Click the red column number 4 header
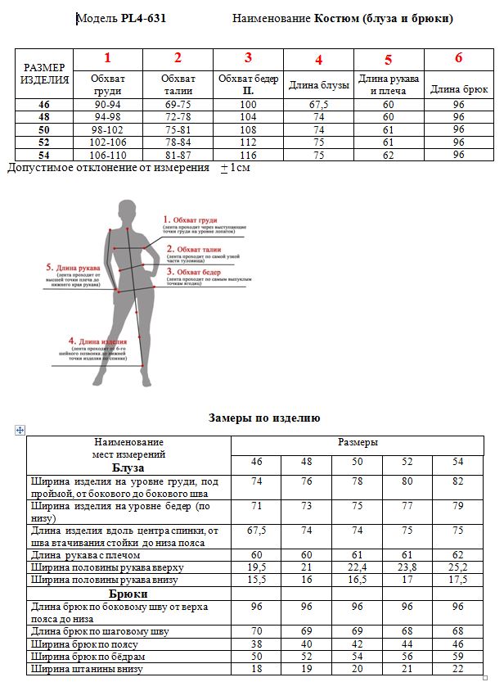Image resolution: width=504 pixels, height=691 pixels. point(319,60)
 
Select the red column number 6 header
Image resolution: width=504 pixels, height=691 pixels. point(458,58)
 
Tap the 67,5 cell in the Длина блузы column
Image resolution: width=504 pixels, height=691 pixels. point(319,106)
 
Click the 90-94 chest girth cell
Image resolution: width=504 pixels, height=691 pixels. point(108,106)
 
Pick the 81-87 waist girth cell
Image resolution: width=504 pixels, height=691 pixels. point(178,155)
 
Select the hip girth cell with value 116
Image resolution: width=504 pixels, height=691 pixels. point(248,155)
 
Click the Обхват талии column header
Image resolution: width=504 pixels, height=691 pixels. point(178,84)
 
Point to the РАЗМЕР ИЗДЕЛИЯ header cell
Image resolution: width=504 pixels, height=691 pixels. point(44,74)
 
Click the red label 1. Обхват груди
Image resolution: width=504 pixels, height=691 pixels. point(191,219)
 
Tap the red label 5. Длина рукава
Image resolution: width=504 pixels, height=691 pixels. point(73,267)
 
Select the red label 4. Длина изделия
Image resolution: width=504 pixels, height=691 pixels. point(97,341)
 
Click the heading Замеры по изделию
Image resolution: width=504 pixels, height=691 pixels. point(264,418)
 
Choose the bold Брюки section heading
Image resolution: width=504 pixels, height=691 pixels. point(128,594)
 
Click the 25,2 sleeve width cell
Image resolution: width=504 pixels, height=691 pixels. point(458,567)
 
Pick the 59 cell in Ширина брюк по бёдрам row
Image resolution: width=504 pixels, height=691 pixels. point(458,657)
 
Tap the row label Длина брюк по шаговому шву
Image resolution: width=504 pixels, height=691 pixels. point(100,631)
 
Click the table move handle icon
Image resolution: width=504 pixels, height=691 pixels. point(20,430)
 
